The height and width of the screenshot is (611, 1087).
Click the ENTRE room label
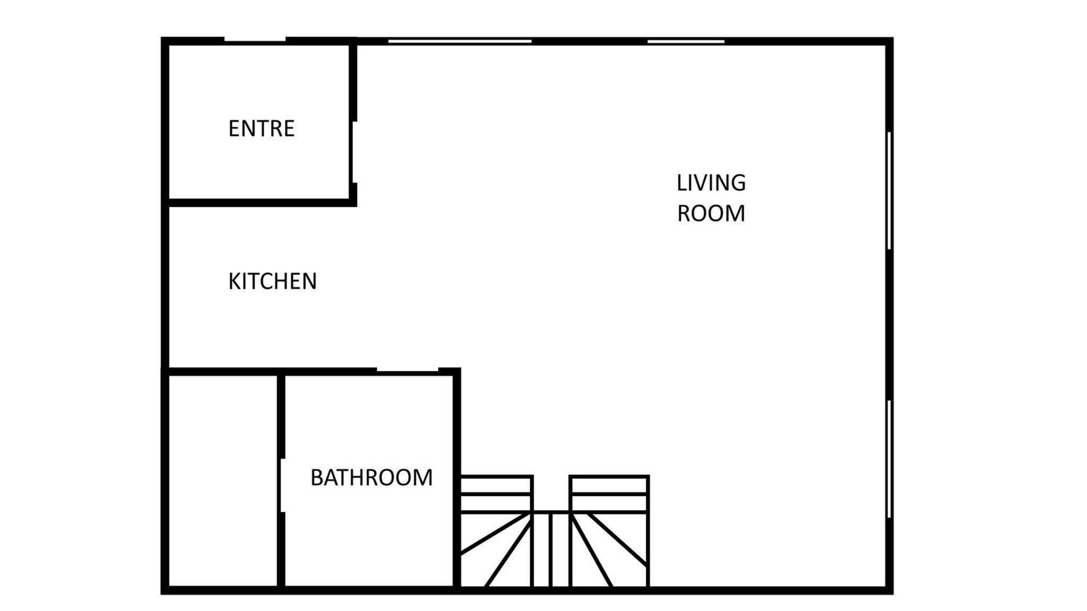pyautogui.click(x=261, y=128)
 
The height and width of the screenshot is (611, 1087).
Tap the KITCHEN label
pyautogui.click(x=272, y=281)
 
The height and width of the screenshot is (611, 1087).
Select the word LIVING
pyautogui.click(x=711, y=183)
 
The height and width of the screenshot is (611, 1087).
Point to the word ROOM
pyautogui.click(x=711, y=213)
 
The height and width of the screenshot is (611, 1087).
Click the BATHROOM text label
pyautogui.click(x=372, y=477)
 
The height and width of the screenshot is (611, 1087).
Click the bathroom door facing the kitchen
pyautogui.click(x=408, y=370)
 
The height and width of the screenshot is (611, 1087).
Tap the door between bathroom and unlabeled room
pyautogui.click(x=282, y=485)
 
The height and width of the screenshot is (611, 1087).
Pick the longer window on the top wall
pyautogui.click(x=460, y=41)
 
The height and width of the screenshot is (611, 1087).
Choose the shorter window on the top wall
pyautogui.click(x=686, y=41)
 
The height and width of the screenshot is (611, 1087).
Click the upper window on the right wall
pyautogui.click(x=889, y=190)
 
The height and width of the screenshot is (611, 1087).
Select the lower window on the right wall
pyautogui.click(x=889, y=459)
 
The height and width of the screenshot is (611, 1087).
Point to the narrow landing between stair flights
pyautogui.click(x=551, y=549)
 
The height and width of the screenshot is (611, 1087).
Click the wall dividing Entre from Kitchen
pyautogui.click(x=260, y=203)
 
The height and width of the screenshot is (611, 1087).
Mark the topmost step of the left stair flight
pyautogui.click(x=496, y=485)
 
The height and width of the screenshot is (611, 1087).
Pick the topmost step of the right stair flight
pyautogui.click(x=609, y=485)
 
